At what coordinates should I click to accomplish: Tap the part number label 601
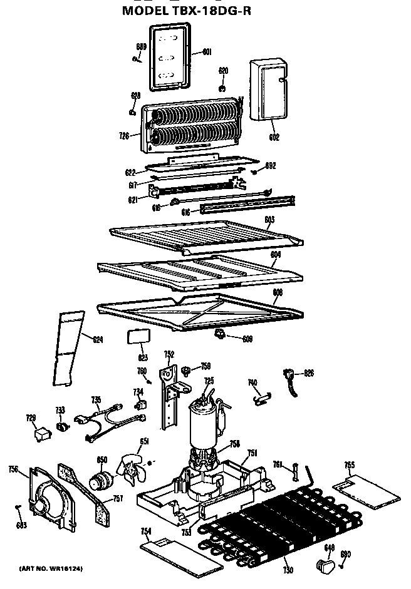pyautogui.click(x=206, y=52)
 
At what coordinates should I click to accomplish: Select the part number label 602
pyautogui.click(x=274, y=137)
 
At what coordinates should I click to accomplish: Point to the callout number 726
pyautogui.click(x=123, y=135)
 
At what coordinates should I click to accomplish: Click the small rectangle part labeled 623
pyautogui.click(x=138, y=336)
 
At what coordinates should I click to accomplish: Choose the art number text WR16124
pyautogui.click(x=51, y=568)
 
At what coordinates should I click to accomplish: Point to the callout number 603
pyautogui.click(x=269, y=219)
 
